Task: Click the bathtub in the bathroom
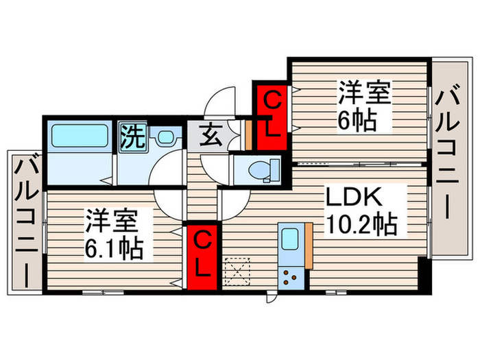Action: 78,135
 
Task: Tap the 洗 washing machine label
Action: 132,136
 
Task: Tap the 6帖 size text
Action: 355,121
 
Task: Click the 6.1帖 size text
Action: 115,248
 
